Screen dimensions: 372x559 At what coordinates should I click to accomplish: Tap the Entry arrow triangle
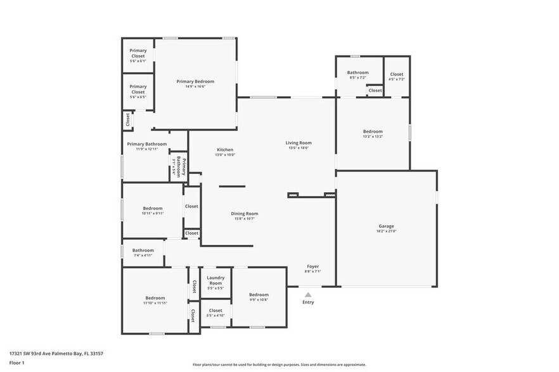[x=308, y=294]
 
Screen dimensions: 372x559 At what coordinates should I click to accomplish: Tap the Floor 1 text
[x=16, y=363]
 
